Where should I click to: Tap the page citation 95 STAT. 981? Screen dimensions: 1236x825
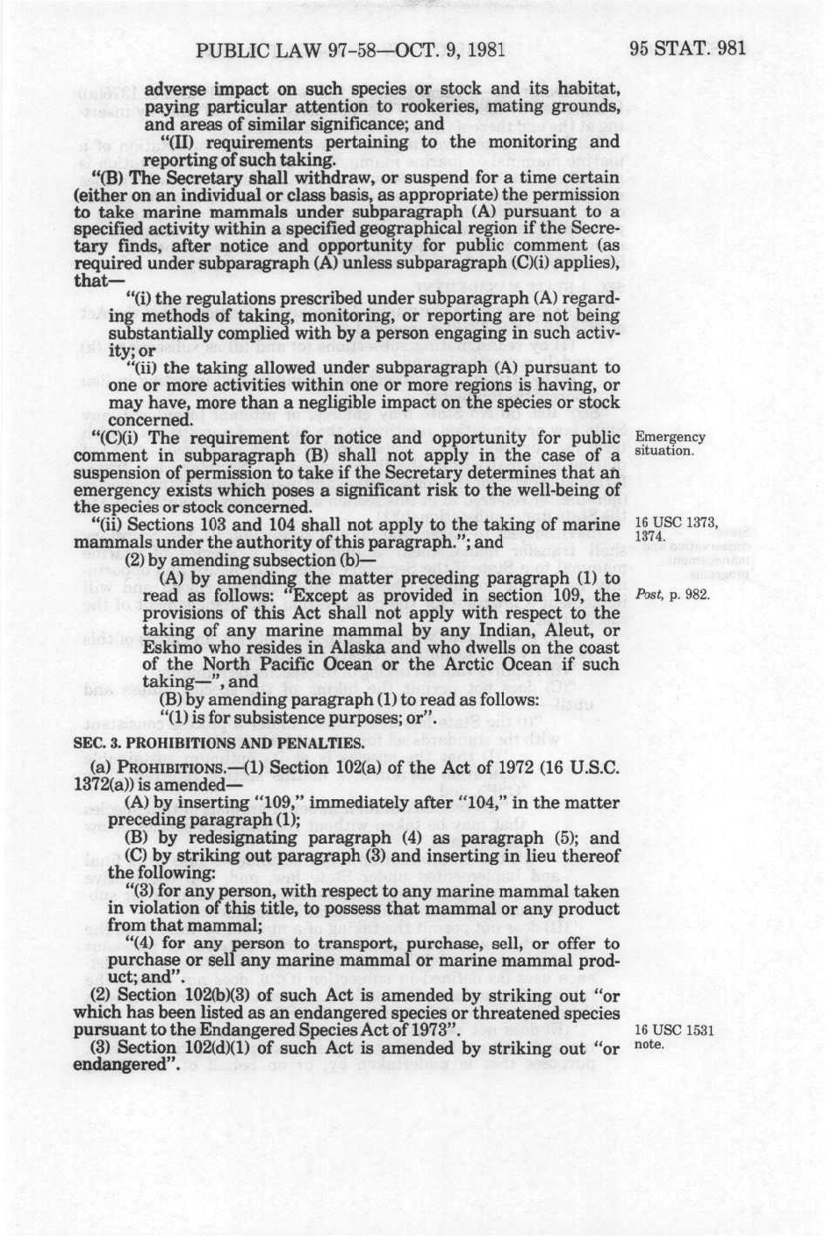[687, 47]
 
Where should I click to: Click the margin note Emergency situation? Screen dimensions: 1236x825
[670, 444]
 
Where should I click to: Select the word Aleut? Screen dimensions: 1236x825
[546, 631]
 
